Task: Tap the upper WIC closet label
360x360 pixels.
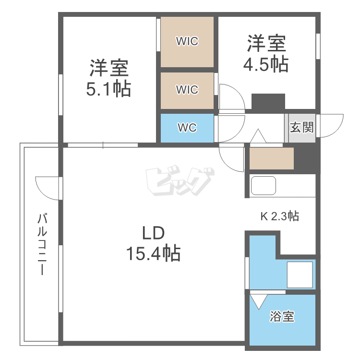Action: pyautogui.click(x=187, y=41)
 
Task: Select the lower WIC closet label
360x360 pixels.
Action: pyautogui.click(x=187, y=90)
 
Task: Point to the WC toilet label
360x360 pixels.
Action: pyautogui.click(x=187, y=128)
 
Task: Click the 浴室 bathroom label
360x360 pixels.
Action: pyautogui.click(x=282, y=317)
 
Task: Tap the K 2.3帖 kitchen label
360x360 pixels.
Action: pyautogui.click(x=279, y=216)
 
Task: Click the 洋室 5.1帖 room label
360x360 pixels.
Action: pyautogui.click(x=108, y=78)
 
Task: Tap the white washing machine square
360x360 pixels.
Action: pyautogui.click(x=300, y=275)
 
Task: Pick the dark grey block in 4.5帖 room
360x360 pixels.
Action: pyautogui.click(x=268, y=101)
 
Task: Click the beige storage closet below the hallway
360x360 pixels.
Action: pyautogui.click(x=271, y=159)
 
